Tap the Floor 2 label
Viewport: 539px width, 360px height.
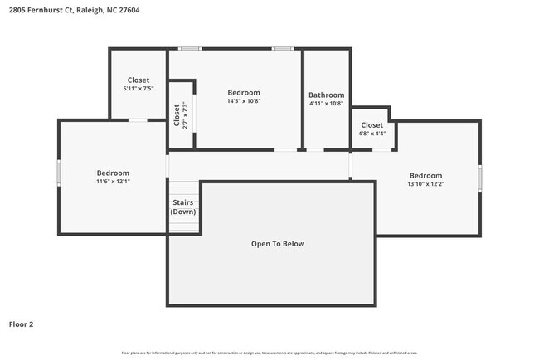(22, 324)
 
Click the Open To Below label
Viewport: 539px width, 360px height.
(278, 244)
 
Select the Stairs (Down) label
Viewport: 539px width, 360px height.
(183, 207)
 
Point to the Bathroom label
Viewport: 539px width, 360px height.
(326, 95)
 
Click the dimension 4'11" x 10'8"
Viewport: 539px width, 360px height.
(326, 105)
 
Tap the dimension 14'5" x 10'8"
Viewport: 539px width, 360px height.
(244, 101)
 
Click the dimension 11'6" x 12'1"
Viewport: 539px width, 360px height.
(113, 182)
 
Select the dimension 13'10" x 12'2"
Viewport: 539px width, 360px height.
(425, 184)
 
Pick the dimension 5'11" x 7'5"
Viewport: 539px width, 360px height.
(138, 89)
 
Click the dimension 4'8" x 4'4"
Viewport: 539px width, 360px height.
(371, 134)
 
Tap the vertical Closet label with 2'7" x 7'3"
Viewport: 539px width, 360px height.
(180, 114)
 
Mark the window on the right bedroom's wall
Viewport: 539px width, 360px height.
(480, 178)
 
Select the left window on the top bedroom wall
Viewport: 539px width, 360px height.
(191, 48)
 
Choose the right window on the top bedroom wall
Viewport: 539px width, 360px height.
(283, 48)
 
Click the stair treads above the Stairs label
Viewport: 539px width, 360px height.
(184, 189)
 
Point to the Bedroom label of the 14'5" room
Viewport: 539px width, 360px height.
(244, 92)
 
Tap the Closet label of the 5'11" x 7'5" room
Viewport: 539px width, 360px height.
(138, 80)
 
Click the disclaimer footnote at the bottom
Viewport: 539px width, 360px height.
(269, 353)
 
